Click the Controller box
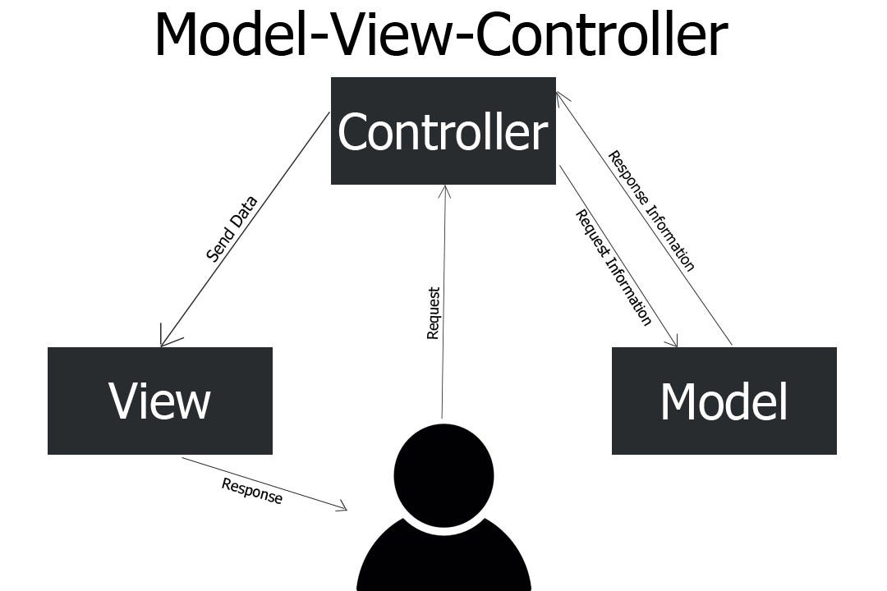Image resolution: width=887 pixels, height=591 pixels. pyautogui.click(x=443, y=131)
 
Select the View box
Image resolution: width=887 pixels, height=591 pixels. pyautogui.click(x=160, y=401)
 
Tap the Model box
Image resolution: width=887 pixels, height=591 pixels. pyautogui.click(x=724, y=401)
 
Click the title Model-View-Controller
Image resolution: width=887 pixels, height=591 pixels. pyautogui.click(x=441, y=34)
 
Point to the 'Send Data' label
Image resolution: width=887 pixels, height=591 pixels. pyautogui.click(x=232, y=228)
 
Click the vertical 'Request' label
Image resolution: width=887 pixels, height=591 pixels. pyautogui.click(x=434, y=313)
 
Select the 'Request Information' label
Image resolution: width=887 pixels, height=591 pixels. pyautogui.click(x=614, y=268)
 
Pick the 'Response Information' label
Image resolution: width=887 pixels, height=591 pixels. pyautogui.click(x=651, y=210)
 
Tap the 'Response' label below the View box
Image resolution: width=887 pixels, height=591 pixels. pyautogui.click(x=251, y=491)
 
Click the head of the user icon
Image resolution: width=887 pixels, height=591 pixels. pyautogui.click(x=443, y=474)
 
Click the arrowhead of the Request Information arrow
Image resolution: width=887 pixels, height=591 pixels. pyautogui.click(x=673, y=342)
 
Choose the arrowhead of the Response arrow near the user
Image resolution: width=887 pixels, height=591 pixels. pyautogui.click(x=342, y=508)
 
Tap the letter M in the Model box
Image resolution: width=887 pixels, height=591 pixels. pyautogui.click(x=681, y=402)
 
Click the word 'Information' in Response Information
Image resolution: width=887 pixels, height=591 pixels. pyautogui.click(x=670, y=237)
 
